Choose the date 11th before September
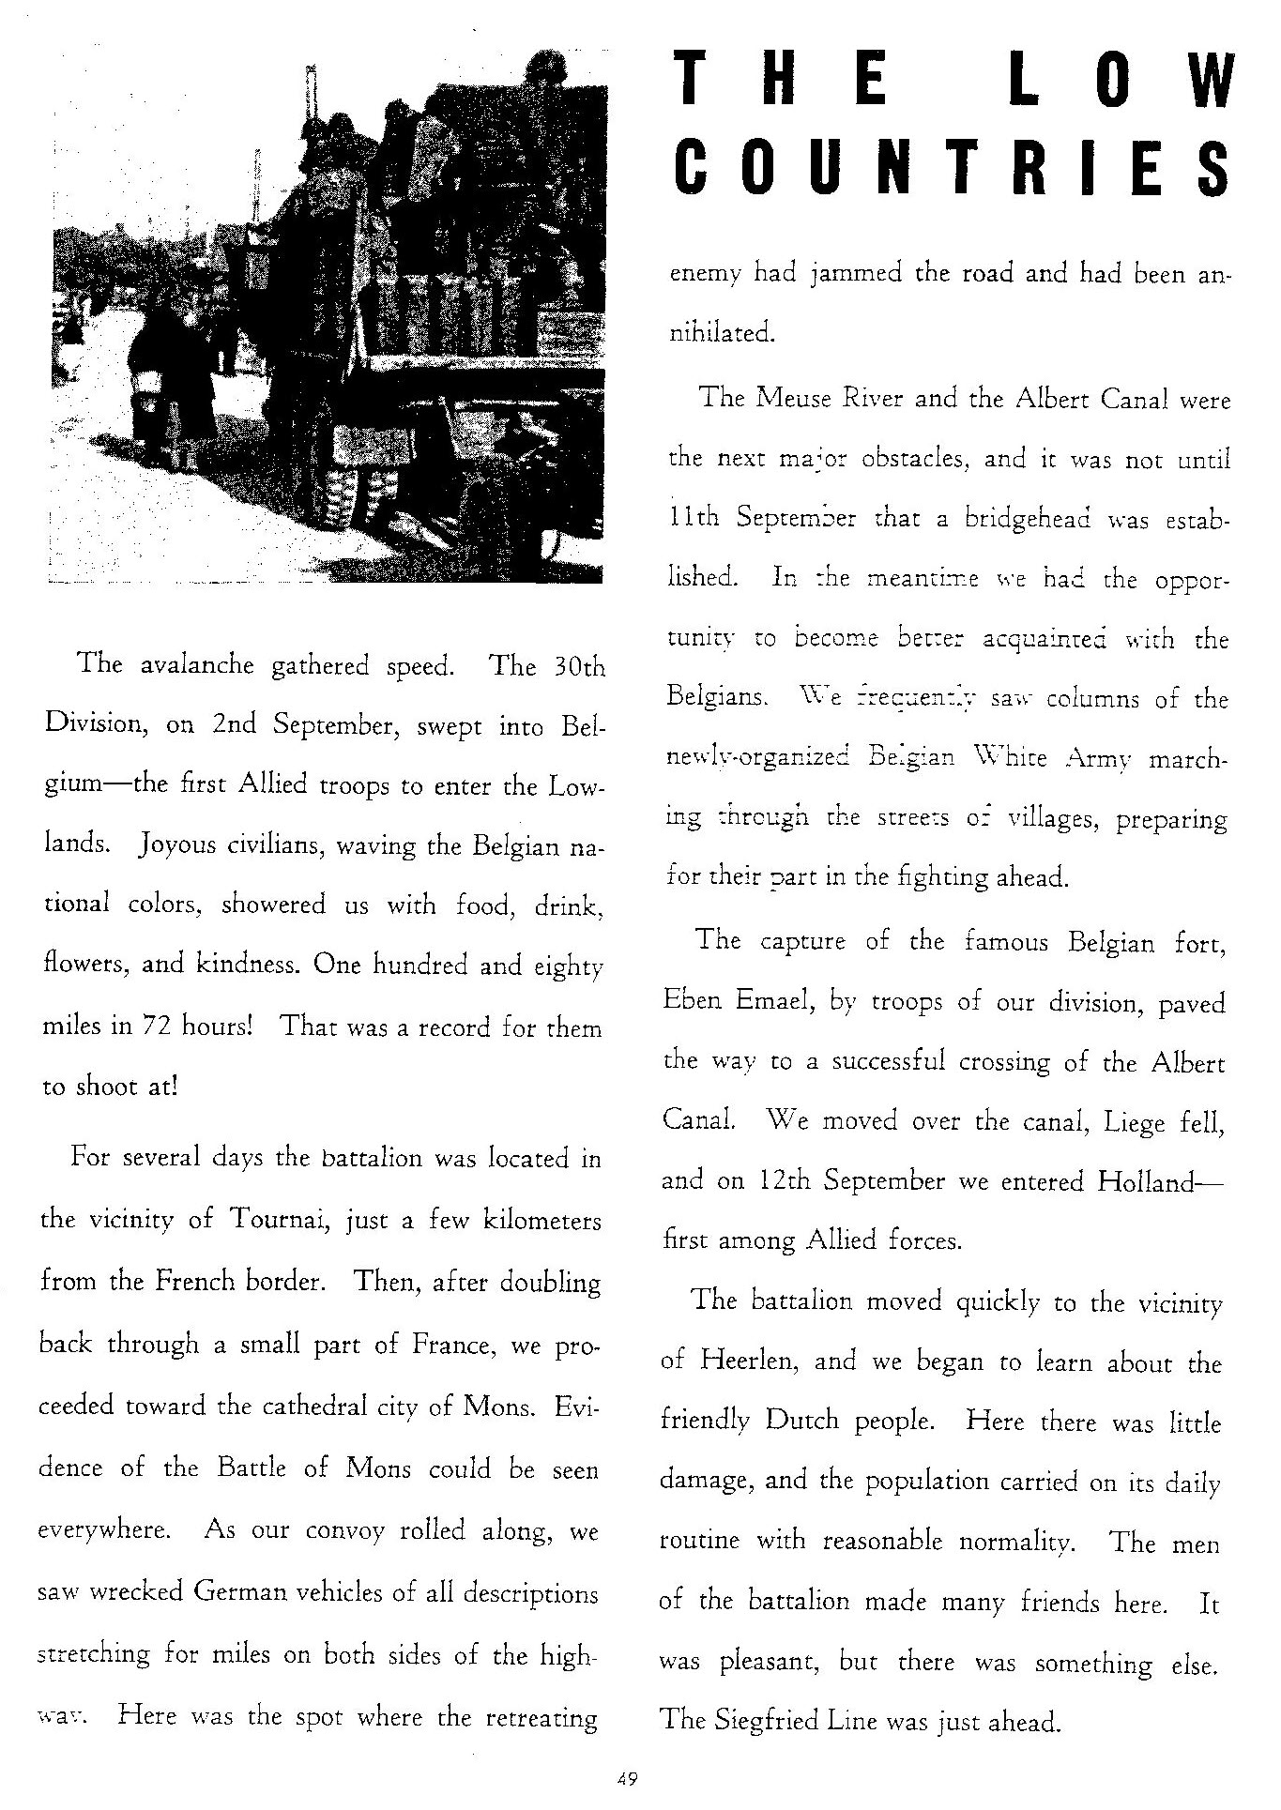point(694,518)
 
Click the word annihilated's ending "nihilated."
point(721,333)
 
